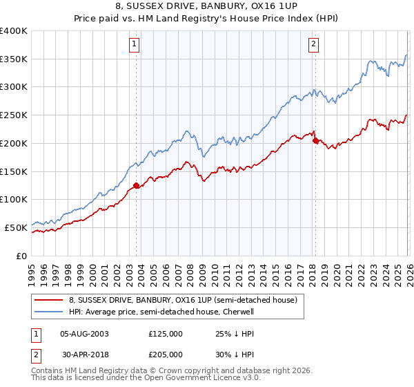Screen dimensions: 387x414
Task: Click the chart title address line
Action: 207,6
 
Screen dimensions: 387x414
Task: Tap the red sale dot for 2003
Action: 136,185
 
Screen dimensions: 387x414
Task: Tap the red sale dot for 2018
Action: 315,140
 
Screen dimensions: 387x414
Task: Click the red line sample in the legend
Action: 49,301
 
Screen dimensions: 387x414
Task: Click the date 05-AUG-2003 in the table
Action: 84,334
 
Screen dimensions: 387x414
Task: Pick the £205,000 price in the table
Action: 166,353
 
